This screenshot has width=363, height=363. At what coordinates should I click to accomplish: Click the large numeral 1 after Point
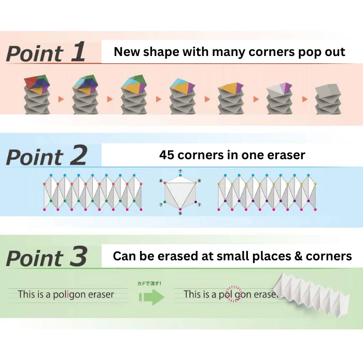(x=78, y=52)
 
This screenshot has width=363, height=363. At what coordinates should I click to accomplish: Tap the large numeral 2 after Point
(x=79, y=155)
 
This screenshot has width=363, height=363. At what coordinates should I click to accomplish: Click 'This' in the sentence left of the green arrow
(x=26, y=294)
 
